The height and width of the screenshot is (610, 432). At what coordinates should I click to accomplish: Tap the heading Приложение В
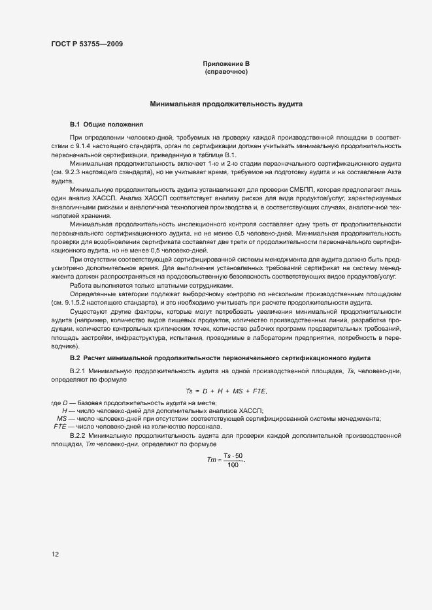226,64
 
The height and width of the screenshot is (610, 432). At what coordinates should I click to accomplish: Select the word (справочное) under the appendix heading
226,72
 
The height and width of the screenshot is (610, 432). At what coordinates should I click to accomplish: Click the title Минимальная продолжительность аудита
226,104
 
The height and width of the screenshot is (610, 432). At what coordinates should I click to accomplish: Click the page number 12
56,555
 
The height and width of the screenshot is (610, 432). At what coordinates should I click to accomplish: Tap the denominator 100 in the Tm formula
231,465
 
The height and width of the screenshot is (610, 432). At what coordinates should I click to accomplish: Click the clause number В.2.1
78,371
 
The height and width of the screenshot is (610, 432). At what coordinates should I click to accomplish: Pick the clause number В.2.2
78,435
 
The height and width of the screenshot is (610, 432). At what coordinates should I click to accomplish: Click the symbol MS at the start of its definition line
63,418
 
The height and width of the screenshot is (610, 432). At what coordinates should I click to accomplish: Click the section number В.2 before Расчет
75,358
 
